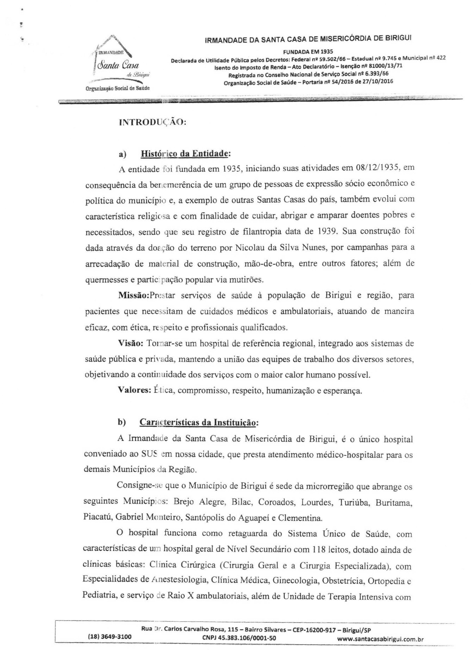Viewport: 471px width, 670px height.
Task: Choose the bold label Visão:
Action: pyautogui.click(x=130, y=343)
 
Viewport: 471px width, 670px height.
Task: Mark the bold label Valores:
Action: pyautogui.click(x=134, y=390)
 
